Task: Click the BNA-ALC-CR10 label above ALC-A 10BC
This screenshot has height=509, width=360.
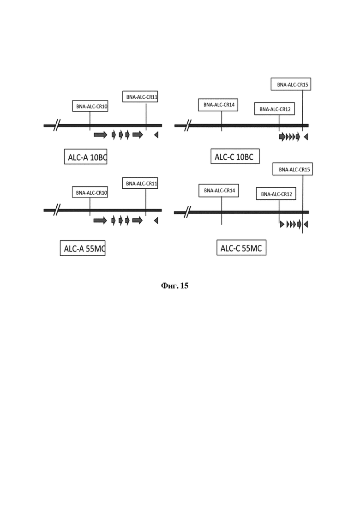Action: tap(90, 106)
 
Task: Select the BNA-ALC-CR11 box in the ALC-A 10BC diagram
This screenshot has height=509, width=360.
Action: tap(140, 97)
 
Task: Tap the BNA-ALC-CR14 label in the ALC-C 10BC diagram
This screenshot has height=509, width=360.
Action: tap(218, 105)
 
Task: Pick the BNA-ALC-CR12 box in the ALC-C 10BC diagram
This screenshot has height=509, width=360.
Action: tap(275, 109)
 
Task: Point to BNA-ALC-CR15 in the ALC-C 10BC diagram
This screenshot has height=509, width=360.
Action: tap(291, 84)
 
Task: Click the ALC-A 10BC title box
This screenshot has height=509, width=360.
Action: tap(86, 157)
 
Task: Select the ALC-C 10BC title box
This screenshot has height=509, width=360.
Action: tap(235, 156)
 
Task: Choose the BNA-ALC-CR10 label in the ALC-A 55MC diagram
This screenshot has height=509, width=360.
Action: tap(90, 192)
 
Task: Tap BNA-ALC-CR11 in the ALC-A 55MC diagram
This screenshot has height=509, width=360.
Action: tap(140, 183)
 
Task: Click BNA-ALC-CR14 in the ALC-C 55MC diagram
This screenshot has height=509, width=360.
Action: tap(219, 191)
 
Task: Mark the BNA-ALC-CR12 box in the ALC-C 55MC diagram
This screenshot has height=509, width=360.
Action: tap(276, 194)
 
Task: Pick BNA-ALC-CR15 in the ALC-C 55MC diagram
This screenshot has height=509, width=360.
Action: tap(293, 169)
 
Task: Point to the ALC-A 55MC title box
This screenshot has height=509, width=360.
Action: tap(83, 248)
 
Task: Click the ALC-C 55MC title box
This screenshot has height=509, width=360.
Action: tap(241, 248)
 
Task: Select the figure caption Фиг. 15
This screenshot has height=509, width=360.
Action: tap(174, 286)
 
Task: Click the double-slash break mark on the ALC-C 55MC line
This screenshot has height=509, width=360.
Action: tap(187, 212)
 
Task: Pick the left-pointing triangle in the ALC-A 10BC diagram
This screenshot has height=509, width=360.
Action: tap(156, 135)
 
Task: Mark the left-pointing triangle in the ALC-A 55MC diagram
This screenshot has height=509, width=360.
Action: tap(156, 221)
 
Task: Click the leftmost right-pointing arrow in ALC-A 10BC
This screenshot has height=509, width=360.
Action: tap(100, 135)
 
